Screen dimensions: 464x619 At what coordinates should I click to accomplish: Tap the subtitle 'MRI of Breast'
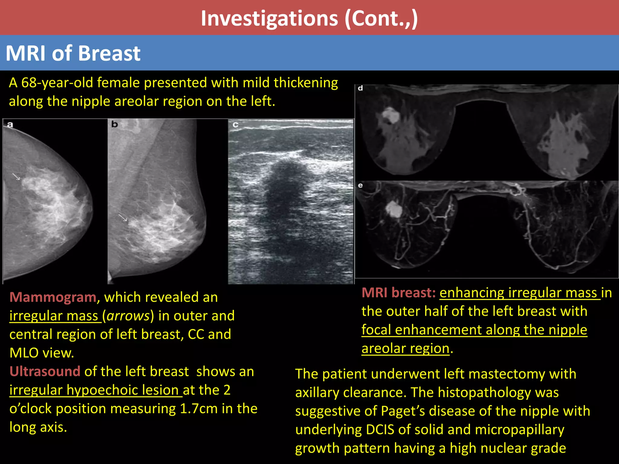click(x=73, y=53)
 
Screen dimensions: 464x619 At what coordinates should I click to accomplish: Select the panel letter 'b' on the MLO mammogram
click(x=115, y=124)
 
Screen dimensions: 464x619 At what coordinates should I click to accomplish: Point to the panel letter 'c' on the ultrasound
click(x=235, y=124)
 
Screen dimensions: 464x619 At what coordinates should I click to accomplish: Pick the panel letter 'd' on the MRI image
click(x=360, y=88)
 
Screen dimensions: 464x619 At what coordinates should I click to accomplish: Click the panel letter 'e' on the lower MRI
click(x=360, y=185)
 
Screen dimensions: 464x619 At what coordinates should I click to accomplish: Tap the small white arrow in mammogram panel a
click(x=16, y=177)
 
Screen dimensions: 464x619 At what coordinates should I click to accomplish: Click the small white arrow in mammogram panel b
click(x=123, y=217)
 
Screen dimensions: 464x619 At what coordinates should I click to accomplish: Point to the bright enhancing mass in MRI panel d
click(x=390, y=115)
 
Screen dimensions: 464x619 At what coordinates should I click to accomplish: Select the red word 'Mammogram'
click(x=53, y=297)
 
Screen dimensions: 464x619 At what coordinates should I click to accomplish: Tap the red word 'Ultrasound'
click(x=45, y=371)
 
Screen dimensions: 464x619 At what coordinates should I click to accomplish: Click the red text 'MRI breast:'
click(x=398, y=293)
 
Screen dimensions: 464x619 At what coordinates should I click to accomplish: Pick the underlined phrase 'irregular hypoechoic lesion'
click(x=96, y=390)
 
